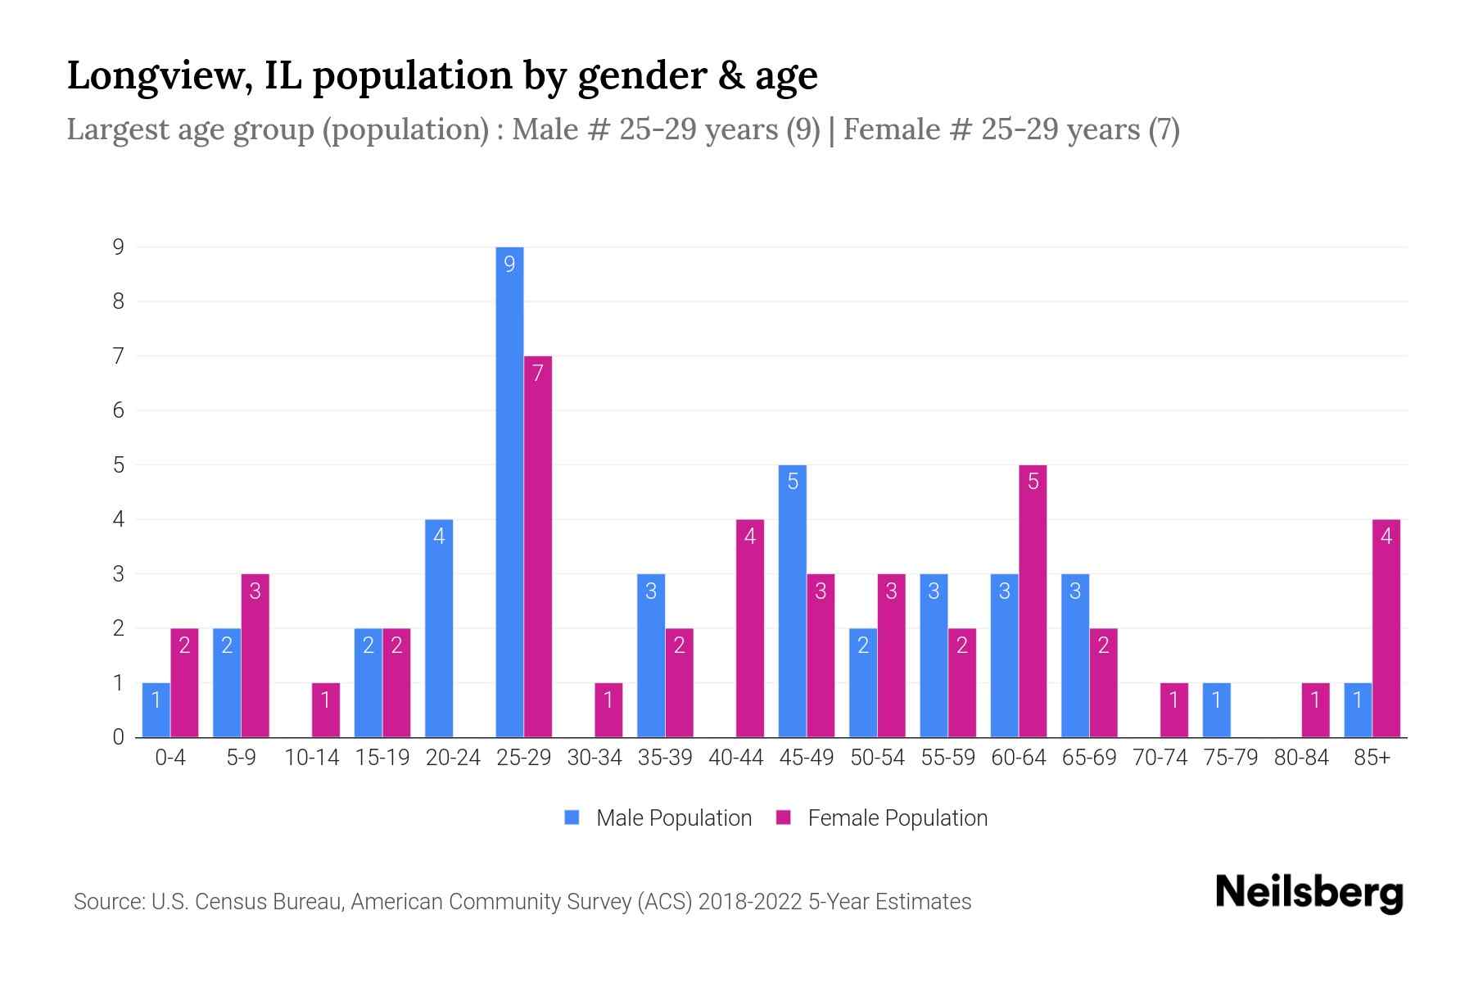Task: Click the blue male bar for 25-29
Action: (x=509, y=491)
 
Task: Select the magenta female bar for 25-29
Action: (x=538, y=546)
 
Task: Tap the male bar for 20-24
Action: (x=439, y=628)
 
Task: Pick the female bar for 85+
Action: (x=1386, y=628)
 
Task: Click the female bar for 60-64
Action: (x=1033, y=600)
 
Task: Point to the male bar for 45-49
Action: (x=792, y=600)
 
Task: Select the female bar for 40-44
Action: (x=750, y=628)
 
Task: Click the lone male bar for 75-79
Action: (x=1216, y=710)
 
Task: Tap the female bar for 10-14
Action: (x=326, y=710)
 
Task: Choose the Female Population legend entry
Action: (x=882, y=818)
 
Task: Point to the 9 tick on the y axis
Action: (x=119, y=247)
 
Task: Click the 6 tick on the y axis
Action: (x=119, y=410)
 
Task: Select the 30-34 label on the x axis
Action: (x=595, y=758)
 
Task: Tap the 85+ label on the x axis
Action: (x=1372, y=758)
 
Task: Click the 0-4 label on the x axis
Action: (x=170, y=758)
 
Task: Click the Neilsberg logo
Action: (x=1309, y=893)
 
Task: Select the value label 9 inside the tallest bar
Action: (x=509, y=264)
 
